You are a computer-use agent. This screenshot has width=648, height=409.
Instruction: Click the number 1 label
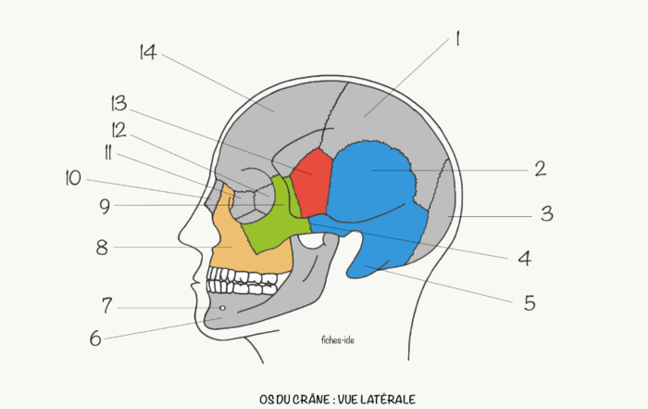[457, 39]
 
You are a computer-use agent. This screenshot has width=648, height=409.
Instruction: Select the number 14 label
[148, 52]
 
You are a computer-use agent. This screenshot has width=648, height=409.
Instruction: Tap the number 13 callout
[119, 104]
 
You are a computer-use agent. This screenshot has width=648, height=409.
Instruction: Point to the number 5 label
[530, 303]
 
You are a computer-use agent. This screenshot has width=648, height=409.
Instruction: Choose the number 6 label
[95, 339]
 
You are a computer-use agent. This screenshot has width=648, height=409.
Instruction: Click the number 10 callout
[73, 178]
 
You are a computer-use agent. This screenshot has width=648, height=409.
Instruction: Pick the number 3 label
[547, 213]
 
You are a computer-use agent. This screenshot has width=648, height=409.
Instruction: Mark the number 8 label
[102, 248]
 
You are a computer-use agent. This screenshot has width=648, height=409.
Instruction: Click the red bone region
[312, 182]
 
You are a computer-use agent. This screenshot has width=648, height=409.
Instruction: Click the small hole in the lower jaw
[222, 308]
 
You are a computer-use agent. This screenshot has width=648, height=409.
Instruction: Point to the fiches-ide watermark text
[338, 340]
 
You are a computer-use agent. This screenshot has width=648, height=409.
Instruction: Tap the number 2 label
[541, 169]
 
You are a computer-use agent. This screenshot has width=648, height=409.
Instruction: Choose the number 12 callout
[119, 130]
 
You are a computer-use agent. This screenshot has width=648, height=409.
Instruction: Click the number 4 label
[525, 259]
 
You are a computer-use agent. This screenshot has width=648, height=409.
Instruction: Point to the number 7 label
[107, 306]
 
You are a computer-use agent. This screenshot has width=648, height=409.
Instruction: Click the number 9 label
[105, 206]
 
